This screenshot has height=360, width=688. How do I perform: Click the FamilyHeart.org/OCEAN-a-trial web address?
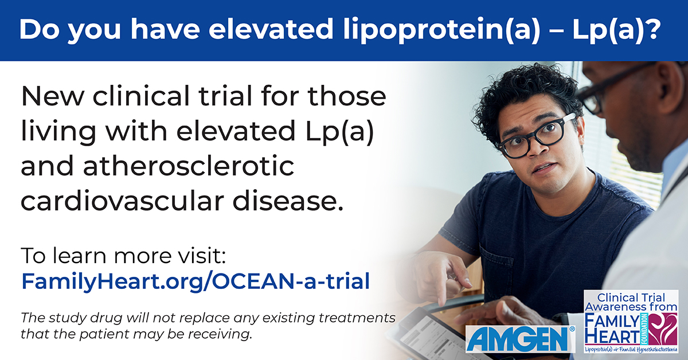196,281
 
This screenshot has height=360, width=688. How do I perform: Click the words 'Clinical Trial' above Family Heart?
631,297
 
